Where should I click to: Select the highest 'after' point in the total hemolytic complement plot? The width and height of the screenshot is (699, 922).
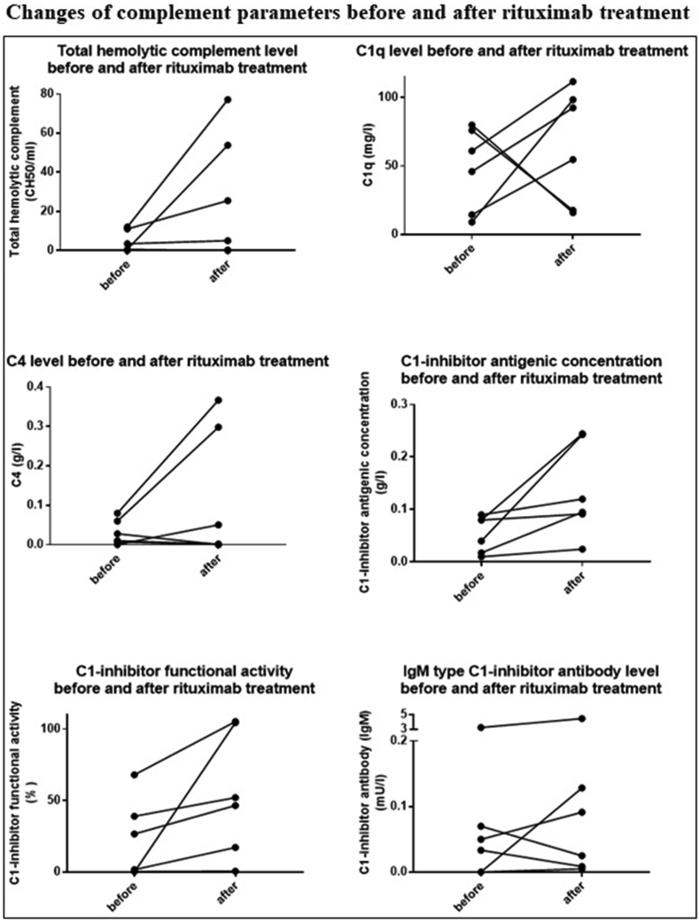click(x=228, y=99)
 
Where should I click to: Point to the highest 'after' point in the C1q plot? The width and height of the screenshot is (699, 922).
click(x=573, y=82)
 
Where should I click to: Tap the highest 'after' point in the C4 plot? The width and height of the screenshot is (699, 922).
click(x=218, y=401)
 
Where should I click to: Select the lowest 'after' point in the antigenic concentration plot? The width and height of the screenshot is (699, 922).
click(x=582, y=550)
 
